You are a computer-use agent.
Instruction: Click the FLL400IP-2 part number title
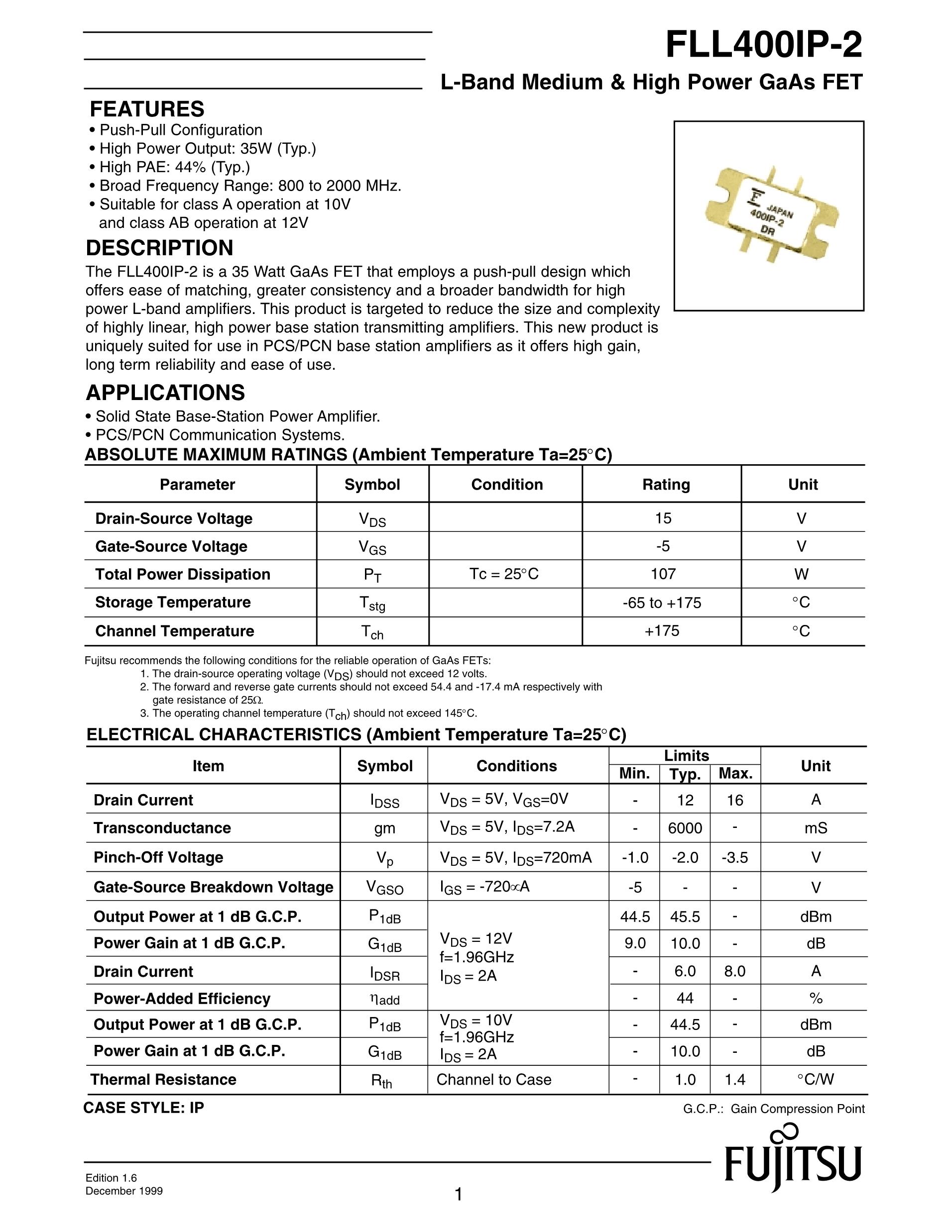tap(763, 45)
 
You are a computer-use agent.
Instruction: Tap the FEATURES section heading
tap(147, 109)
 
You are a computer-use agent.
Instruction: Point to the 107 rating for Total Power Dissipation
tap(663, 574)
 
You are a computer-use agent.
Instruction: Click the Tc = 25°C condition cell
tap(504, 574)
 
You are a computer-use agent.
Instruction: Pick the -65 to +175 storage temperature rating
tap(663, 603)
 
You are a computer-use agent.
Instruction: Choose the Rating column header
tap(666, 485)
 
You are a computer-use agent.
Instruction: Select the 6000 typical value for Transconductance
tap(685, 828)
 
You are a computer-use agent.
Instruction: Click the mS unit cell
tap(816, 828)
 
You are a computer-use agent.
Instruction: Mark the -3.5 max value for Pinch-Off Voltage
tap(734, 858)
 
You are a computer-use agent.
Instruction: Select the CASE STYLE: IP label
tap(144, 1108)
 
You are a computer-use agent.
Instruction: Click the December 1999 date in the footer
tap(124, 1191)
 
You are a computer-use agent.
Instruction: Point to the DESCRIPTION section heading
tap(159, 248)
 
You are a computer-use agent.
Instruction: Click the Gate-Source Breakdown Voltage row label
tap(214, 887)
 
